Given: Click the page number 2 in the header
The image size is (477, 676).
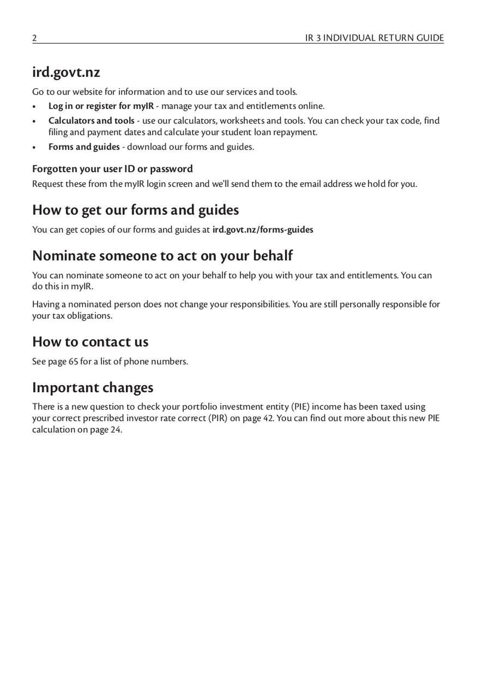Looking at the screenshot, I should pos(35,38).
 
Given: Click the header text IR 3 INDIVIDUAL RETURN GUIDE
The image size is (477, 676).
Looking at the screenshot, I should pos(374,38).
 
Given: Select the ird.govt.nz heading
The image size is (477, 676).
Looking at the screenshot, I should pos(66,73).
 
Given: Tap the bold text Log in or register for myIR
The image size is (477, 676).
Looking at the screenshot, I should pos(101,106).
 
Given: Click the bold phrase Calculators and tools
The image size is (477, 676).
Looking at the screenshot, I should pos(91,120).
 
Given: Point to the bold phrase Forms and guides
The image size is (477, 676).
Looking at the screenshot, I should pos(83,147).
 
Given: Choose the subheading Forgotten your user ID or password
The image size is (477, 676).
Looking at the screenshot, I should pos(112,169).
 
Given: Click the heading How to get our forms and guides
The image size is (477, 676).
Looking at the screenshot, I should pos(135,210).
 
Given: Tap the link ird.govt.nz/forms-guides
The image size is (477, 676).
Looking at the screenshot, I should pos(262,229).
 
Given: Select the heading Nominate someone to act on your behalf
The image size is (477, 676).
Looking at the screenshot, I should pos(162,256).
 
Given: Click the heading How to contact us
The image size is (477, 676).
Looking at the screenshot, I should pos(90,342).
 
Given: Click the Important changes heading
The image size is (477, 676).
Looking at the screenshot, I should pos(92,387).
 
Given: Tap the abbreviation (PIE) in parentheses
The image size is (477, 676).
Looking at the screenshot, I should pos(302,407).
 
